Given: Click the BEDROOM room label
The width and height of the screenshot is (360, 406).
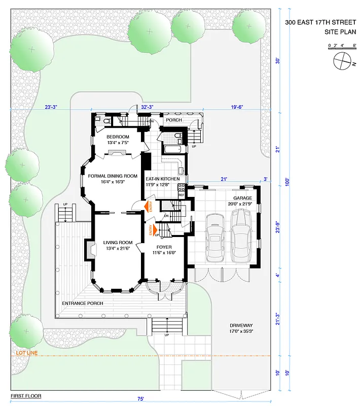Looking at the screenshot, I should [118, 137].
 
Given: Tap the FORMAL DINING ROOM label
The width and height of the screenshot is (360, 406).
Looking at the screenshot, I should [113, 176].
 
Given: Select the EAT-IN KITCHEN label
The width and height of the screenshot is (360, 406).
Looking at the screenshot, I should [163, 179].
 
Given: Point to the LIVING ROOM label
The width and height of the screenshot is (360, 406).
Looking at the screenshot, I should [118, 243].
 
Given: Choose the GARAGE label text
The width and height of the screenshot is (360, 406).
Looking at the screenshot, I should [242, 198].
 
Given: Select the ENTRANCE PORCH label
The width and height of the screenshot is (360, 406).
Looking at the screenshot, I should [82, 303].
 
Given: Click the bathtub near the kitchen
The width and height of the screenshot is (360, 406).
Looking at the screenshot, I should [171, 148].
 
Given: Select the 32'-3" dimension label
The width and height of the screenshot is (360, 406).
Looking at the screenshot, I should [147, 107].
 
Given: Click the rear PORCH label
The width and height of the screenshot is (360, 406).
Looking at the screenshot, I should [174, 120].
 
